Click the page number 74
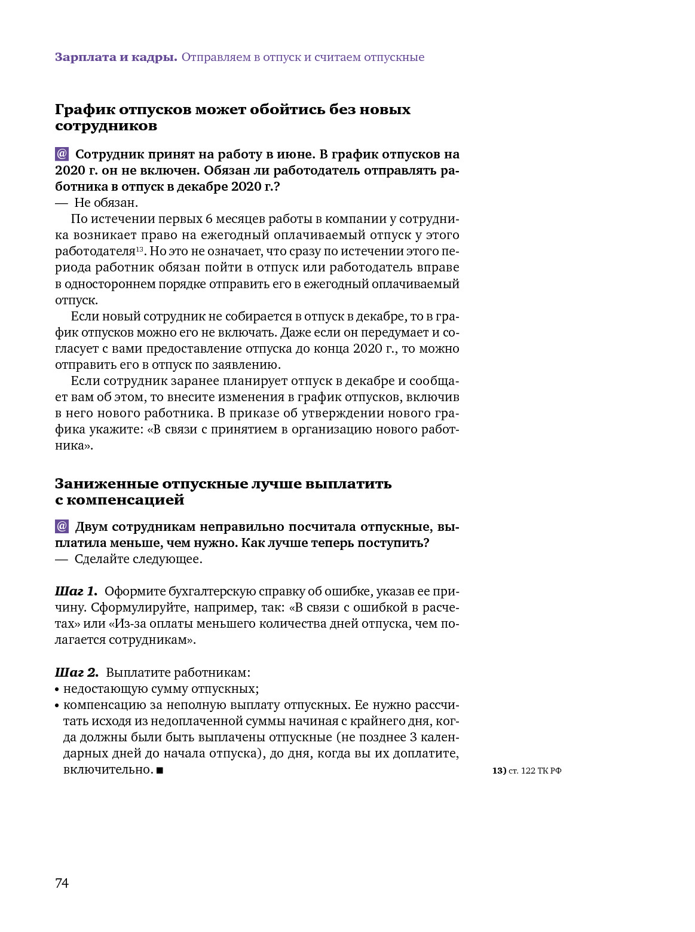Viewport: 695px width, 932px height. [x=62, y=883]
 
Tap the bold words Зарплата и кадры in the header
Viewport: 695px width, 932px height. [x=116, y=57]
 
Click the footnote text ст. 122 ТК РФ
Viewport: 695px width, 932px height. [x=535, y=771]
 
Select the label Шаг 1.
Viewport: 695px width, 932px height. [x=76, y=591]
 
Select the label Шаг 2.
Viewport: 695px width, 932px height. [x=76, y=672]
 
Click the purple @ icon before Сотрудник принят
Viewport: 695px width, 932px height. [x=62, y=154]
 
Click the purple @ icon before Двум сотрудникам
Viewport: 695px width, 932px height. [x=62, y=527]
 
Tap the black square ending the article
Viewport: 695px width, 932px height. [x=160, y=771]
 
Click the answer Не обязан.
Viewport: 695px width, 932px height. [x=106, y=203]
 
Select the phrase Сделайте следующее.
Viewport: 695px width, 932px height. [x=138, y=559]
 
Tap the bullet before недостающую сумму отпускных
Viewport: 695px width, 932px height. [x=57, y=689]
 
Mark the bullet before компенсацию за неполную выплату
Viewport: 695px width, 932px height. [x=57, y=705]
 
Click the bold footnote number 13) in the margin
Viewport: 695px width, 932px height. [x=499, y=771]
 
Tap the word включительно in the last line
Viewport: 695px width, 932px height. [x=108, y=769]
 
